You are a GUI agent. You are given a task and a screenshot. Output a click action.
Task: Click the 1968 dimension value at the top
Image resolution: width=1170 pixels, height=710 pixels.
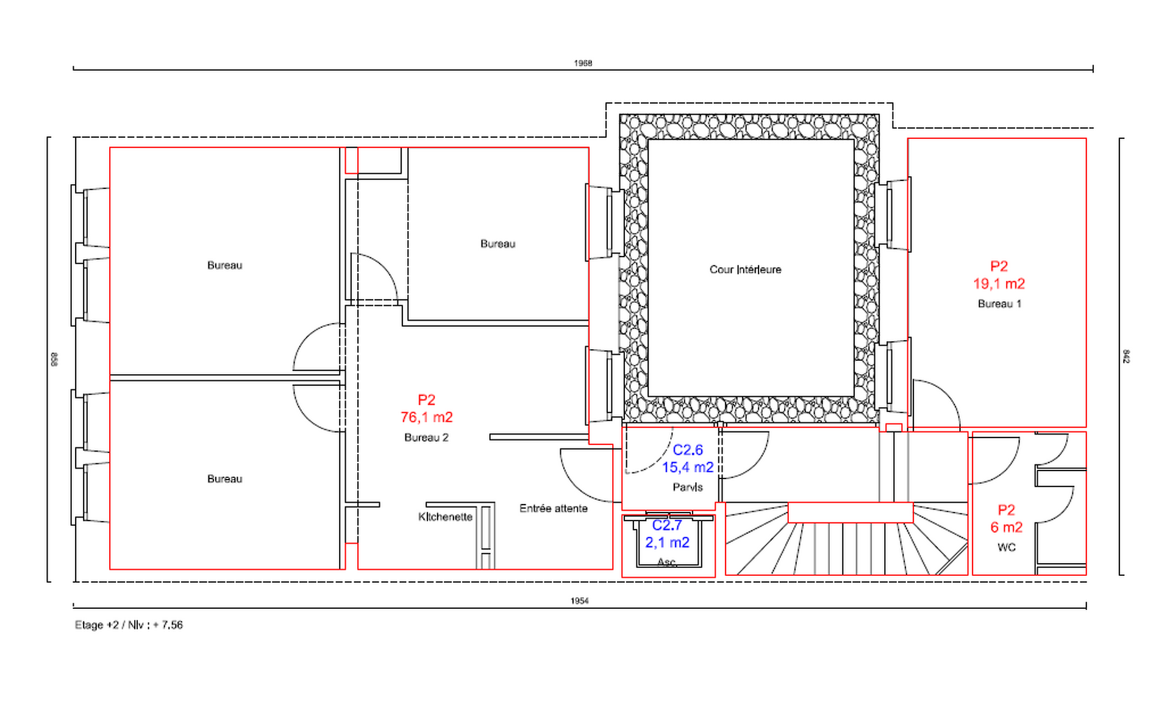(583, 63)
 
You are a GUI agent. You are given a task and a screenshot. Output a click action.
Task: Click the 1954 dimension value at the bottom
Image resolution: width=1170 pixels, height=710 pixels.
(580, 601)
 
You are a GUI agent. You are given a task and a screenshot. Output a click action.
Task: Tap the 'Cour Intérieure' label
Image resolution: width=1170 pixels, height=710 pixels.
(745, 269)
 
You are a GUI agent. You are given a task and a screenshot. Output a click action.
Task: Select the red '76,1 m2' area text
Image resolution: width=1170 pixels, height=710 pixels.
(427, 417)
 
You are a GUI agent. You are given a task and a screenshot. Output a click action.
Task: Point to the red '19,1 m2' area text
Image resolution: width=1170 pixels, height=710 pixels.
(999, 284)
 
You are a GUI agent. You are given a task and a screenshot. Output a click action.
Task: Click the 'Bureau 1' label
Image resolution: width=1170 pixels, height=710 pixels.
(1000, 304)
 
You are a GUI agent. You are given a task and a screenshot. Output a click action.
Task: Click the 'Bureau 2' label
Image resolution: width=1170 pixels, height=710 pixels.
(426, 438)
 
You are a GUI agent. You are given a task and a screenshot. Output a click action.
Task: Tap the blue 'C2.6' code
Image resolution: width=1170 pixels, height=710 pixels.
(688, 450)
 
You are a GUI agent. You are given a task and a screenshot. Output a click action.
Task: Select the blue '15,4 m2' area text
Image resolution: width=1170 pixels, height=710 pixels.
(688, 467)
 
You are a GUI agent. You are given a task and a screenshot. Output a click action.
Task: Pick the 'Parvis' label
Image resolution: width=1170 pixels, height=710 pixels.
(688, 487)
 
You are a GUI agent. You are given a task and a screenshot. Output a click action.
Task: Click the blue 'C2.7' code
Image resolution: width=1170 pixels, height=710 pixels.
(667, 525)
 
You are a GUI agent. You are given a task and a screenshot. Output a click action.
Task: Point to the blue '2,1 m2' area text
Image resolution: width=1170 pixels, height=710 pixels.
(667, 543)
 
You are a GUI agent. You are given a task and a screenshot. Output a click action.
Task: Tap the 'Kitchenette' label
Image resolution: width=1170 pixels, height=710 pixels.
(446, 517)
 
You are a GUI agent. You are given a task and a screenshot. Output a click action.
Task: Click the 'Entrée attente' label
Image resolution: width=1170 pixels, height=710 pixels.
(554, 508)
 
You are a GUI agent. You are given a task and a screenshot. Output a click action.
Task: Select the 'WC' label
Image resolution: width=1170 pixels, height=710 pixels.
(1007, 547)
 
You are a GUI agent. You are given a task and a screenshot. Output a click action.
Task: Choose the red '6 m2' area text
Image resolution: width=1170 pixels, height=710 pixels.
(1007, 528)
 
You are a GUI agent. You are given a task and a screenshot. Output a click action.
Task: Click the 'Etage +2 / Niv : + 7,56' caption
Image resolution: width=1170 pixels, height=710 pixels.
(129, 625)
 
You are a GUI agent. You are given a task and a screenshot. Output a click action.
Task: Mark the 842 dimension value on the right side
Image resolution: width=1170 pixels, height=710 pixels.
(1126, 357)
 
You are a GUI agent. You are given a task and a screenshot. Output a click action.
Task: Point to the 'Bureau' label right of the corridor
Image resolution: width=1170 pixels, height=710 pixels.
(498, 244)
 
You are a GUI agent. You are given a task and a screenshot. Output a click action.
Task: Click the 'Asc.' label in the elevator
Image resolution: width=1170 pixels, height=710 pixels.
(667, 562)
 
